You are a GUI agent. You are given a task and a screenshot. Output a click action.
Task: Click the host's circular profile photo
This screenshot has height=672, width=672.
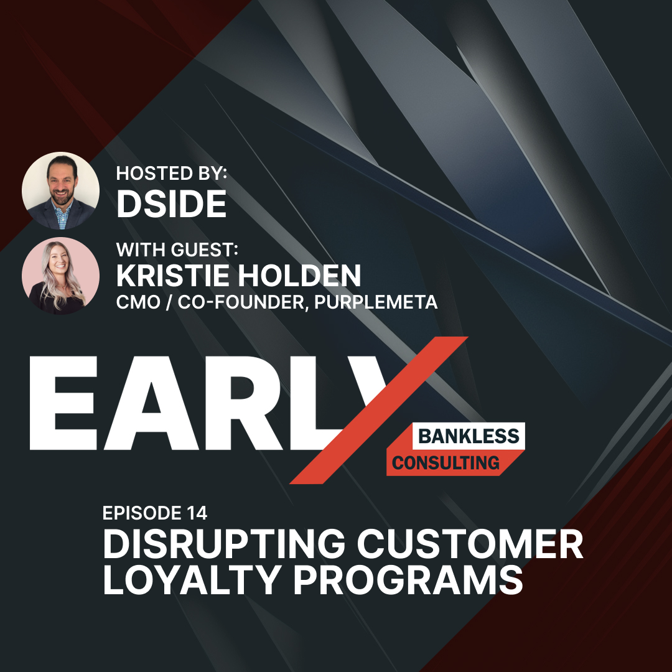tap(60, 190)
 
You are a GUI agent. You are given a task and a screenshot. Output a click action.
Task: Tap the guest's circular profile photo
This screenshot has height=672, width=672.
tap(60, 276)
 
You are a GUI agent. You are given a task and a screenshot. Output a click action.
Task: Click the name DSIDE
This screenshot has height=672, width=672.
tap(172, 204)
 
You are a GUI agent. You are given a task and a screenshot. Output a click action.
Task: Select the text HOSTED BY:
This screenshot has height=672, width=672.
tap(172, 173)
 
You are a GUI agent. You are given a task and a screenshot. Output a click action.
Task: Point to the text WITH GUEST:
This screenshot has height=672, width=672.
tap(177, 250)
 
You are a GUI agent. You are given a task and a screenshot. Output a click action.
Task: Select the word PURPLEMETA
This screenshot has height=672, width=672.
tap(376, 302)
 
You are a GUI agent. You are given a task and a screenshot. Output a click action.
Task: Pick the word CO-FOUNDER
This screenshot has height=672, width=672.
tap(241, 302)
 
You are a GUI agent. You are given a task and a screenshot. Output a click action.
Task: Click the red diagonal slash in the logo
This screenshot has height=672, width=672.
tap(379, 410)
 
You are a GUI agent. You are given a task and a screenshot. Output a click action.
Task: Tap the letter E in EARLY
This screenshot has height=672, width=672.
tap(63, 403)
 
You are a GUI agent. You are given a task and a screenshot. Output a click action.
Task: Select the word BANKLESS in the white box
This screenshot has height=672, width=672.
tap(469, 436)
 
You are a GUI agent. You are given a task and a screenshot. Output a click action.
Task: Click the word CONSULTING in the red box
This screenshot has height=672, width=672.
tap(446, 463)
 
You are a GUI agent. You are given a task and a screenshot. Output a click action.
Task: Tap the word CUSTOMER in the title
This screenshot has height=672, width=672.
tap(470, 544)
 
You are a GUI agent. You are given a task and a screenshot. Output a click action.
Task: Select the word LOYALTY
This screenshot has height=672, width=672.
tap(192, 580)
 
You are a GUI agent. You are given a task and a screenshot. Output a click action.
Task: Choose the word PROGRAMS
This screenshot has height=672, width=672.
tap(408, 580)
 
